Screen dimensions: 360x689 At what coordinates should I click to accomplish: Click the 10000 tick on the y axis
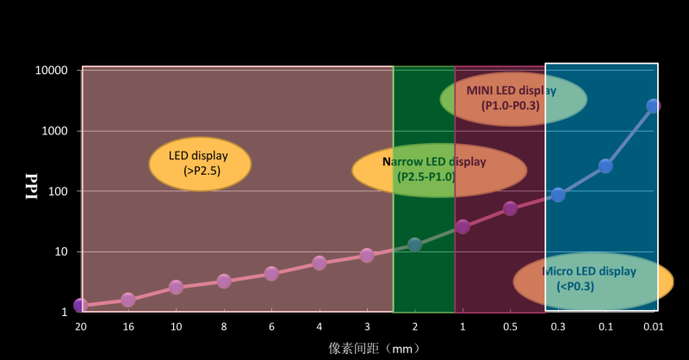pos(49,71)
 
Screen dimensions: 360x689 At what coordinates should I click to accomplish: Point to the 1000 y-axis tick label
pos(53,131)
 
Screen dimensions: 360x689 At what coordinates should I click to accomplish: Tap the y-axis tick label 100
pos(56,191)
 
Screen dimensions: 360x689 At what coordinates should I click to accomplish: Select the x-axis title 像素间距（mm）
pos(372,348)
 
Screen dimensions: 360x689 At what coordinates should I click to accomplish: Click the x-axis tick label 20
pos(80,326)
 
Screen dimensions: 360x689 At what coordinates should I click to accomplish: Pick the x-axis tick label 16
pos(127,326)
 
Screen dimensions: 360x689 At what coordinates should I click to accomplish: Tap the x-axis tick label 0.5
pos(510,326)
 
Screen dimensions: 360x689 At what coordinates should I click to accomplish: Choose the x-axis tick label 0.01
pos(653,326)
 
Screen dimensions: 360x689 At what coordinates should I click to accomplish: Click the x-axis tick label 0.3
pos(558,326)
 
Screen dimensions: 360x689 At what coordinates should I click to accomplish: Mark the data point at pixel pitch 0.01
pos(654,106)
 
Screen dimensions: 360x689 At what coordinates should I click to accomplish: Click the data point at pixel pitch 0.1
pos(605,166)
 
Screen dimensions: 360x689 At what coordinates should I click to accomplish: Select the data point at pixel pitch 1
pos(462,227)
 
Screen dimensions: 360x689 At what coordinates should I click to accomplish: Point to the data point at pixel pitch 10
pos(176,287)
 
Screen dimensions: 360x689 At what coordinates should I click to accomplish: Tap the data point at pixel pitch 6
pos(271,274)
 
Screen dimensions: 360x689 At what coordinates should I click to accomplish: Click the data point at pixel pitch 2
pos(414,245)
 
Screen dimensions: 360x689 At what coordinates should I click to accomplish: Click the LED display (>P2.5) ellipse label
pos(200,164)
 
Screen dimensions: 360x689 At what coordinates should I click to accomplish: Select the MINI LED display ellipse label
pos(513,98)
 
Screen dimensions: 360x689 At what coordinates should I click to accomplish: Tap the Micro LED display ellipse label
pos(593,279)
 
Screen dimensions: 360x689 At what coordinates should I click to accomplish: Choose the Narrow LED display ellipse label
pos(428,169)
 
